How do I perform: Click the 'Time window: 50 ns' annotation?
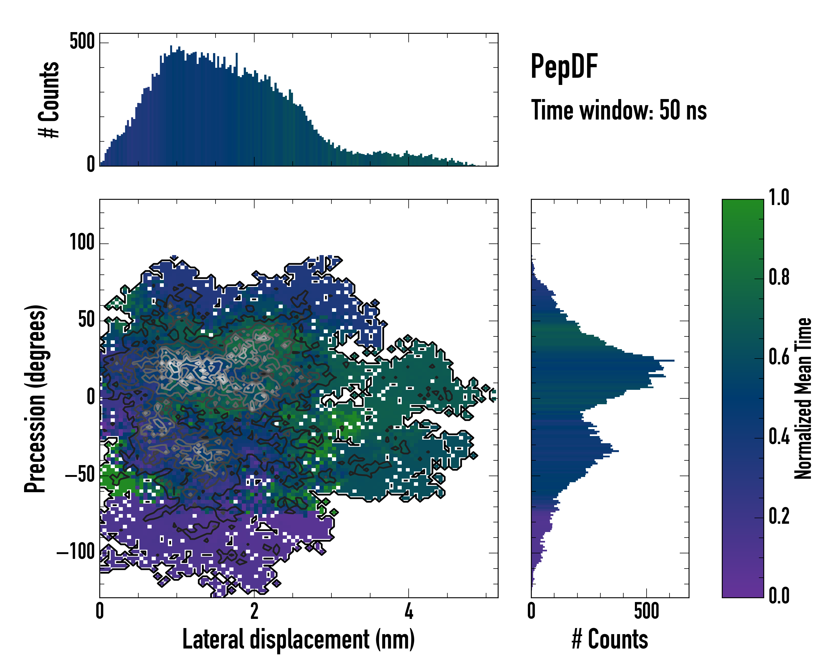click(x=619, y=110)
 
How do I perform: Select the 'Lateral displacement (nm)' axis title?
click(x=298, y=639)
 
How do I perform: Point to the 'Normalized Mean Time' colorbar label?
click(x=803, y=398)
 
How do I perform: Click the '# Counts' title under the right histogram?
click(x=610, y=639)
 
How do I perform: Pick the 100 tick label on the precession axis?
click(x=82, y=243)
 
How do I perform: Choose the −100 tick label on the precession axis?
click(x=76, y=552)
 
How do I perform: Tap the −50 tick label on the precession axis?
click(x=80, y=475)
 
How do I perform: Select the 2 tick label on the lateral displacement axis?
click(x=254, y=611)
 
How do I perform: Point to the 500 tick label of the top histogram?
click(x=82, y=41)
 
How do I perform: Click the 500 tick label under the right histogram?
click(x=646, y=611)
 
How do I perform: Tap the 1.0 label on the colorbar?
click(x=779, y=198)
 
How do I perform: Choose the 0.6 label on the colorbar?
click(x=779, y=357)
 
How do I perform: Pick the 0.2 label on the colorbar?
click(x=779, y=517)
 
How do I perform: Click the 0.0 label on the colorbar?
click(x=779, y=596)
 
